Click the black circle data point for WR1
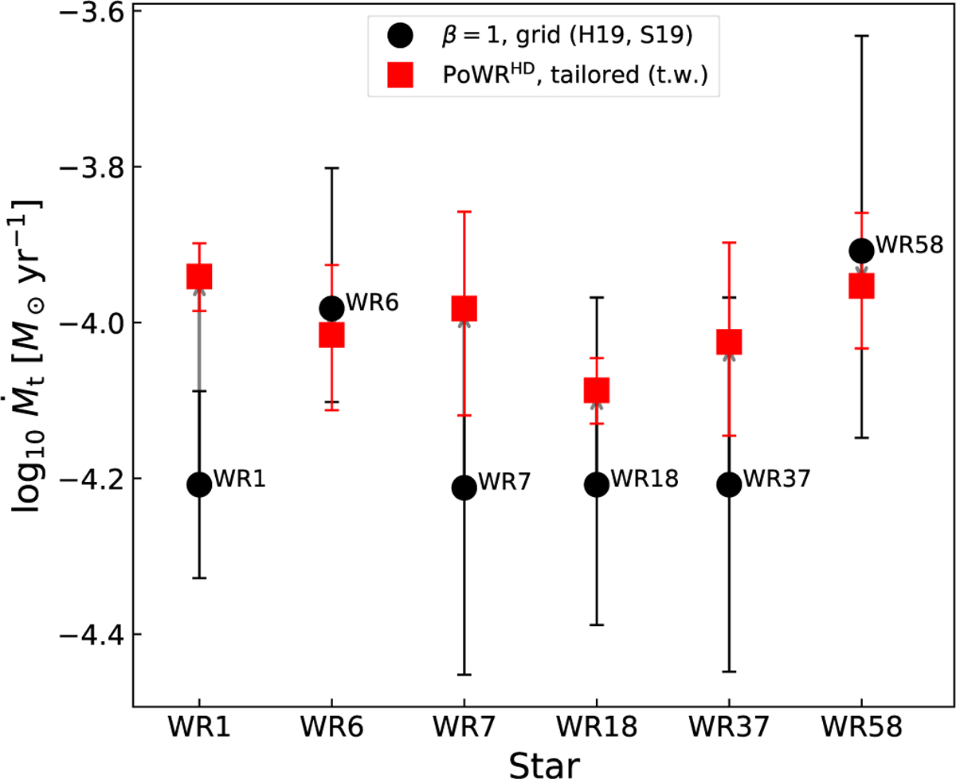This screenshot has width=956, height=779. click(198, 484)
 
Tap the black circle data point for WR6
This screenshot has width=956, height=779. click(331, 308)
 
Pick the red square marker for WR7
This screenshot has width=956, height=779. click(464, 308)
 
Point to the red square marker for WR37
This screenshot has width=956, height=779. click(728, 342)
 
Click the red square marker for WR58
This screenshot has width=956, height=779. click(861, 285)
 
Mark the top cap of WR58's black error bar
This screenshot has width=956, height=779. click(861, 36)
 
